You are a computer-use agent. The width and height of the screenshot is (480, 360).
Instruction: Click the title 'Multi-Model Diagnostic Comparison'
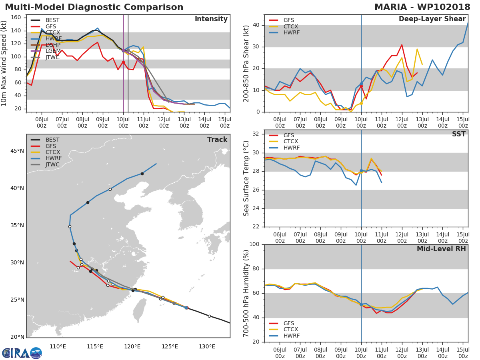(94, 7)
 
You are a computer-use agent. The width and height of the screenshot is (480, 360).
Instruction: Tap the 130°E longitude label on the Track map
(207, 346)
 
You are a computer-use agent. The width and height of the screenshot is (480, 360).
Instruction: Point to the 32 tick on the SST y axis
(255, 134)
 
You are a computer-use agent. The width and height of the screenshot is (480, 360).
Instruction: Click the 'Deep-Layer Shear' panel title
(432, 19)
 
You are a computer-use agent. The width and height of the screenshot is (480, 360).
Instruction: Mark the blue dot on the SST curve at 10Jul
(361, 171)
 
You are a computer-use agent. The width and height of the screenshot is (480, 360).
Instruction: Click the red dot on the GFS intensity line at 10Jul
(123, 62)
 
